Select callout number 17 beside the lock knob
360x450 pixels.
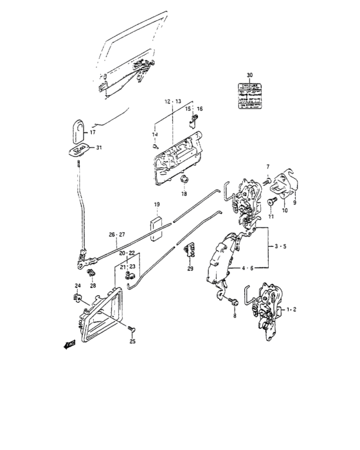point(92,133)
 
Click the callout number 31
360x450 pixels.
point(98,149)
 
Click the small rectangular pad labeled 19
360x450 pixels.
point(156,228)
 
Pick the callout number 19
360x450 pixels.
point(156,206)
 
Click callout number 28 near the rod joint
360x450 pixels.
point(93,285)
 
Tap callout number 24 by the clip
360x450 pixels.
point(77,285)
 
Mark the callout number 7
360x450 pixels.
point(269,167)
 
